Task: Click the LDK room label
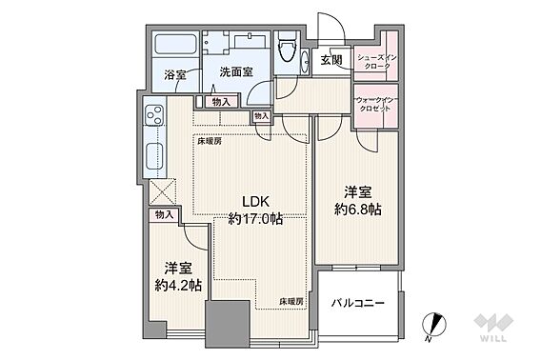[255, 202]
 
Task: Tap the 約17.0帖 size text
[255, 218]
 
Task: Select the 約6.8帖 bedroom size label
[357, 210]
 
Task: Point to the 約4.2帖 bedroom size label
[178, 285]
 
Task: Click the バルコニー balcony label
[358, 304]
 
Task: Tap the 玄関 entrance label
[331, 60]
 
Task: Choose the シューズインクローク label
[377, 62]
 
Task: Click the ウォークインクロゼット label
[375, 104]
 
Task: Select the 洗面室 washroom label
[236, 71]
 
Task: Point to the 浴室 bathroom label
[175, 75]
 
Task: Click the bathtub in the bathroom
[175, 44]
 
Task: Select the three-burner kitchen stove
[154, 115]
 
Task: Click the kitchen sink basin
[154, 157]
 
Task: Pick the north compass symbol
[434, 325]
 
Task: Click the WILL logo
[493, 328]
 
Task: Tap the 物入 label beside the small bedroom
[164, 215]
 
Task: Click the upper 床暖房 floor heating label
[210, 141]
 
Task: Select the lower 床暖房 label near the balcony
[291, 301]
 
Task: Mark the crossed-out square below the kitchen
[163, 192]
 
